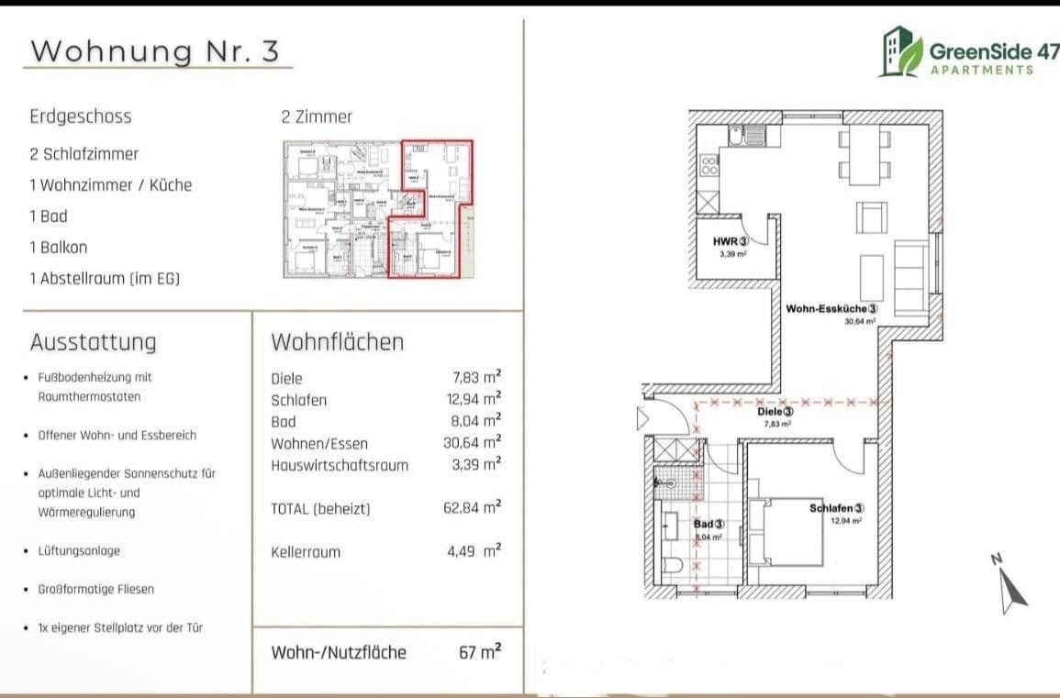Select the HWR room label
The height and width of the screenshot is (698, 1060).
pos(731,241)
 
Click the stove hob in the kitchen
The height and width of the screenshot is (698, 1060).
pos(709,165)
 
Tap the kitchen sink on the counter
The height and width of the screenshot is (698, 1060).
pos(748,138)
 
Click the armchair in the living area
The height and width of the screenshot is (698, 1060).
pos(871,217)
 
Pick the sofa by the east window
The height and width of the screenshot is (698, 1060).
pos(910,278)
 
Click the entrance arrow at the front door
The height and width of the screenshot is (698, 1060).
pos(642,421)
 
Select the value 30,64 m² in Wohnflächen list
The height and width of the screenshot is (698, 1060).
pos(472,443)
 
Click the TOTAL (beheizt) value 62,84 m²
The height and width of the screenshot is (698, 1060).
pos(472,508)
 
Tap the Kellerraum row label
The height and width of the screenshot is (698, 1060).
pos(306,552)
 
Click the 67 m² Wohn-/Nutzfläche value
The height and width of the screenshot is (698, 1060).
pos(480,653)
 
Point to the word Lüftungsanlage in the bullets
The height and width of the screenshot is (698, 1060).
pos(80,551)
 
